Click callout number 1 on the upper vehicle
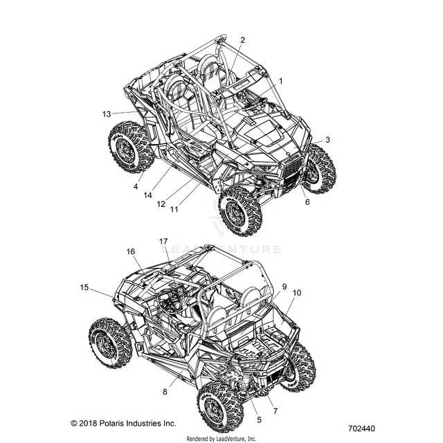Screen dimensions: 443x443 (x=281, y=82)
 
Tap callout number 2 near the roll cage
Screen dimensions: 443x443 (x=242, y=40)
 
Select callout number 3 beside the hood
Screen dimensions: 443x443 (x=327, y=140)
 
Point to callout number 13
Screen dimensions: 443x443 (x=107, y=114)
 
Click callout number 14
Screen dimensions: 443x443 (x=147, y=195)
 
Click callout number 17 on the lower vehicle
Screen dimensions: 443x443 (x=163, y=242)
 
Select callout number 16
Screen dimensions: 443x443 (x=131, y=251)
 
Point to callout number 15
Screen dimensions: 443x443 (x=84, y=287)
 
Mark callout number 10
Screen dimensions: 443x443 (x=297, y=293)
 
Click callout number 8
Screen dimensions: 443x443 (x=165, y=392)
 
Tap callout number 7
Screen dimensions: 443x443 (x=275, y=411)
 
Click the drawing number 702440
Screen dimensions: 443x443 (x=361, y=428)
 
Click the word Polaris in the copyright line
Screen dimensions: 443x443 (x=111, y=423)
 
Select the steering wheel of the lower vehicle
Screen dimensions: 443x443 (x=168, y=300)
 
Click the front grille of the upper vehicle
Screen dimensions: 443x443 (x=292, y=172)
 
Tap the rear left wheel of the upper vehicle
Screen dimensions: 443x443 (x=131, y=147)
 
